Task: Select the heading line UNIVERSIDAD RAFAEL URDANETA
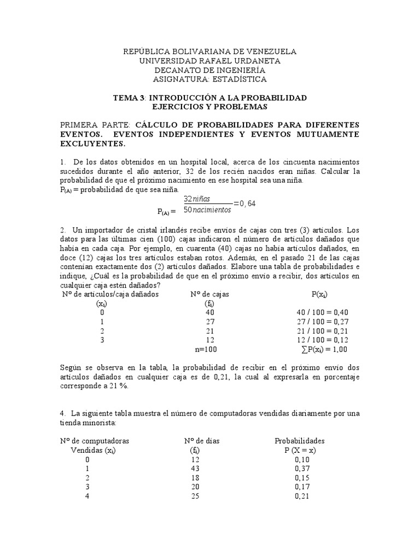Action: [x=209, y=61]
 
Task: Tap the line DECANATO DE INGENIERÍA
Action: [x=209, y=70]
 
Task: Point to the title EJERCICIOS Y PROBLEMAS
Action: [x=209, y=107]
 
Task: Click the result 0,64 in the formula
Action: [x=245, y=204]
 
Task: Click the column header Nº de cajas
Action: [x=209, y=294]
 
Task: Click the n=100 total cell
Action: [x=209, y=349]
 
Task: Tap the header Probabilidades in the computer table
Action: [x=299, y=440]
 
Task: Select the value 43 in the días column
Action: [x=195, y=469]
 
